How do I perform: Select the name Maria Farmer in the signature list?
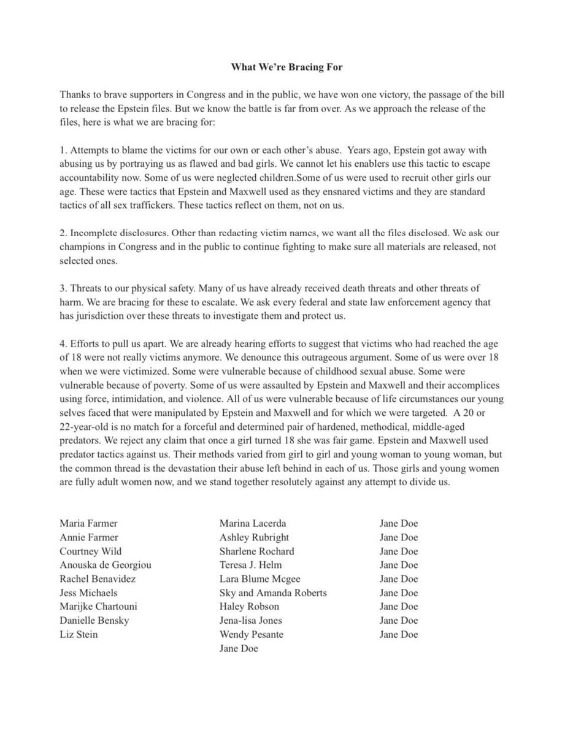88,523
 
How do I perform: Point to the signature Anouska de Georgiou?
106,565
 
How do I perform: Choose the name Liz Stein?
79,634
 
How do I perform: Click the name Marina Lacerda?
253,523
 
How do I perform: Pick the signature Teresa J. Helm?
251,565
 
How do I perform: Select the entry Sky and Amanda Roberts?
273,592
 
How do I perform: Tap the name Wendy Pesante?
252,634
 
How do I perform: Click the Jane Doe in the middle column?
239,648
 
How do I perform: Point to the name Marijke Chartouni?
98,607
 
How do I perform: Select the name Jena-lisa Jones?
252,620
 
